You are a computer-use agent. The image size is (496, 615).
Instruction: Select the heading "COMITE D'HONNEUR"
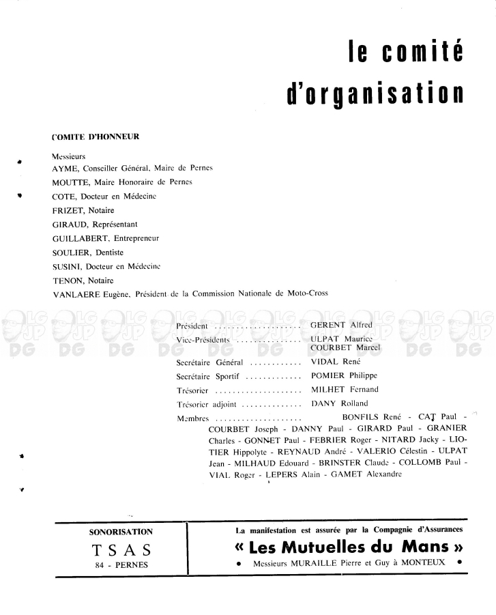tap(96, 137)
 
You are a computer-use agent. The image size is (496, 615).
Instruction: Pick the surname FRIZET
tap(67, 210)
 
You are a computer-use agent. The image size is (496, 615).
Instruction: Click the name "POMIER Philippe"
tap(344, 375)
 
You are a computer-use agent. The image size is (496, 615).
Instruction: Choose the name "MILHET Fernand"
tap(344, 390)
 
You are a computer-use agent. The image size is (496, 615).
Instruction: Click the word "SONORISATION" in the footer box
tap(121, 531)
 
